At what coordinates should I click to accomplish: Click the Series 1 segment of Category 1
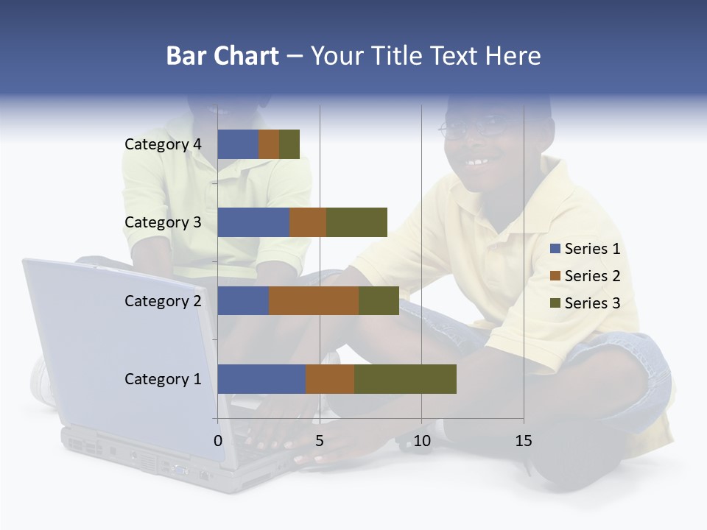(261, 378)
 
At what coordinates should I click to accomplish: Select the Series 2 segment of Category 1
(330, 378)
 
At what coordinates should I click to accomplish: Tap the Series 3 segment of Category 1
(405, 378)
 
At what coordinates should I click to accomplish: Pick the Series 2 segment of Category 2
(314, 300)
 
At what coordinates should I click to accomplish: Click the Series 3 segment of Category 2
(379, 300)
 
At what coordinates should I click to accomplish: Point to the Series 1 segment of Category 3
(253, 222)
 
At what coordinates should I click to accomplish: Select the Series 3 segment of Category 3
(356, 222)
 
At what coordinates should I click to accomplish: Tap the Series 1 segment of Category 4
(238, 144)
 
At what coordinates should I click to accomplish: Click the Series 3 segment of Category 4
(289, 144)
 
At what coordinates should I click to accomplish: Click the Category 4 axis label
(163, 144)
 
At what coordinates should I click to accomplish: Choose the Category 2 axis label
(163, 300)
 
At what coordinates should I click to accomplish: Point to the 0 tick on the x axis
(218, 441)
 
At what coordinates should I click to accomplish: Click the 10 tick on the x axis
(421, 441)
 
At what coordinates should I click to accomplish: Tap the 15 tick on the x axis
(524, 441)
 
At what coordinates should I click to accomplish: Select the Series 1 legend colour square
(555, 249)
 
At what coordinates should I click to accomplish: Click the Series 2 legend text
(592, 276)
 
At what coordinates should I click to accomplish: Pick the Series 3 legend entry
(585, 303)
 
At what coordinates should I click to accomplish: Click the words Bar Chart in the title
(222, 56)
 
